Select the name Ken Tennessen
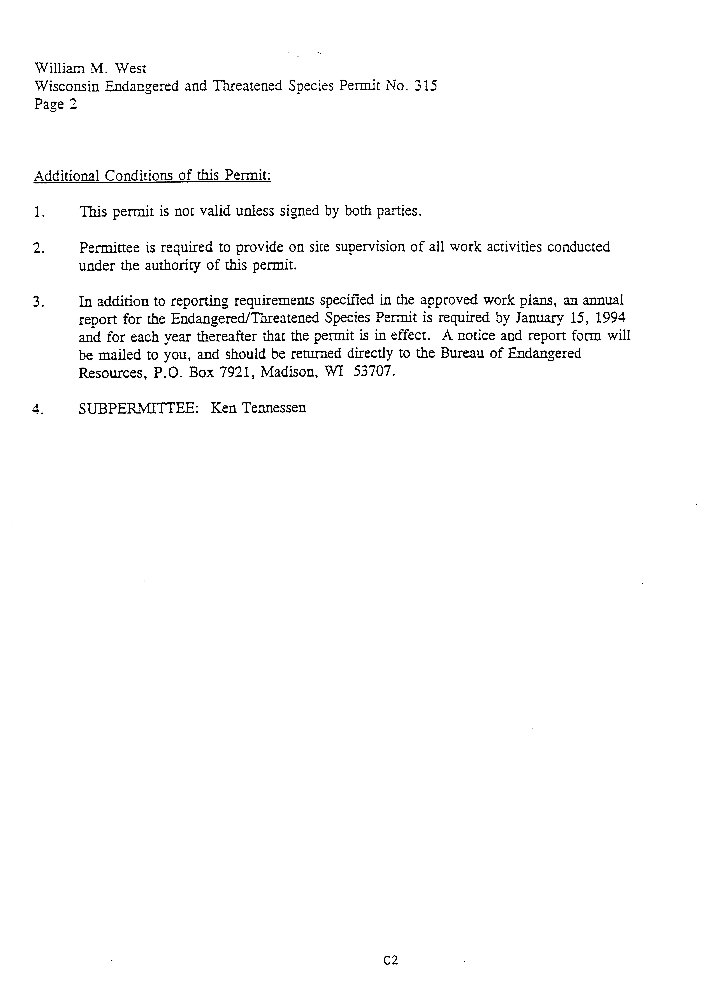click(x=258, y=408)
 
